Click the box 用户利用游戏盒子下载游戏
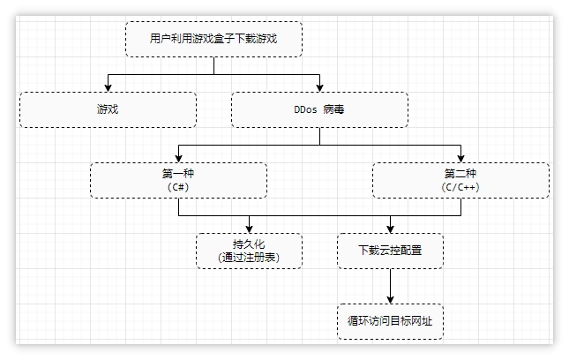[x=213, y=39]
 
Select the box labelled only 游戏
[x=108, y=109]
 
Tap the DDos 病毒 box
[x=319, y=109]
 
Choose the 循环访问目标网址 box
[x=390, y=321]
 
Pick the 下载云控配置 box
[x=390, y=251]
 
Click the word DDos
[x=304, y=109]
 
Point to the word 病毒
[x=333, y=109]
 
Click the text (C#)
[x=178, y=187]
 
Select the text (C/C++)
[x=460, y=187]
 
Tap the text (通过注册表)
[x=249, y=258]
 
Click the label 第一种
[x=178, y=174]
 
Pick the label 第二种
[x=460, y=174]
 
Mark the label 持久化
[x=249, y=244]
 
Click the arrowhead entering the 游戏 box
[x=108, y=87]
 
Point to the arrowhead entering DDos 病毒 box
[x=319, y=87]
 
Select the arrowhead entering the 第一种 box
[x=178, y=158]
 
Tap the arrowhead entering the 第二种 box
[x=460, y=158]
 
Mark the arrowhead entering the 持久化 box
[x=249, y=229]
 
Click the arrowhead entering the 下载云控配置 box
[x=390, y=229]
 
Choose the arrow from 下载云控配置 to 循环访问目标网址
[x=390, y=285]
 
